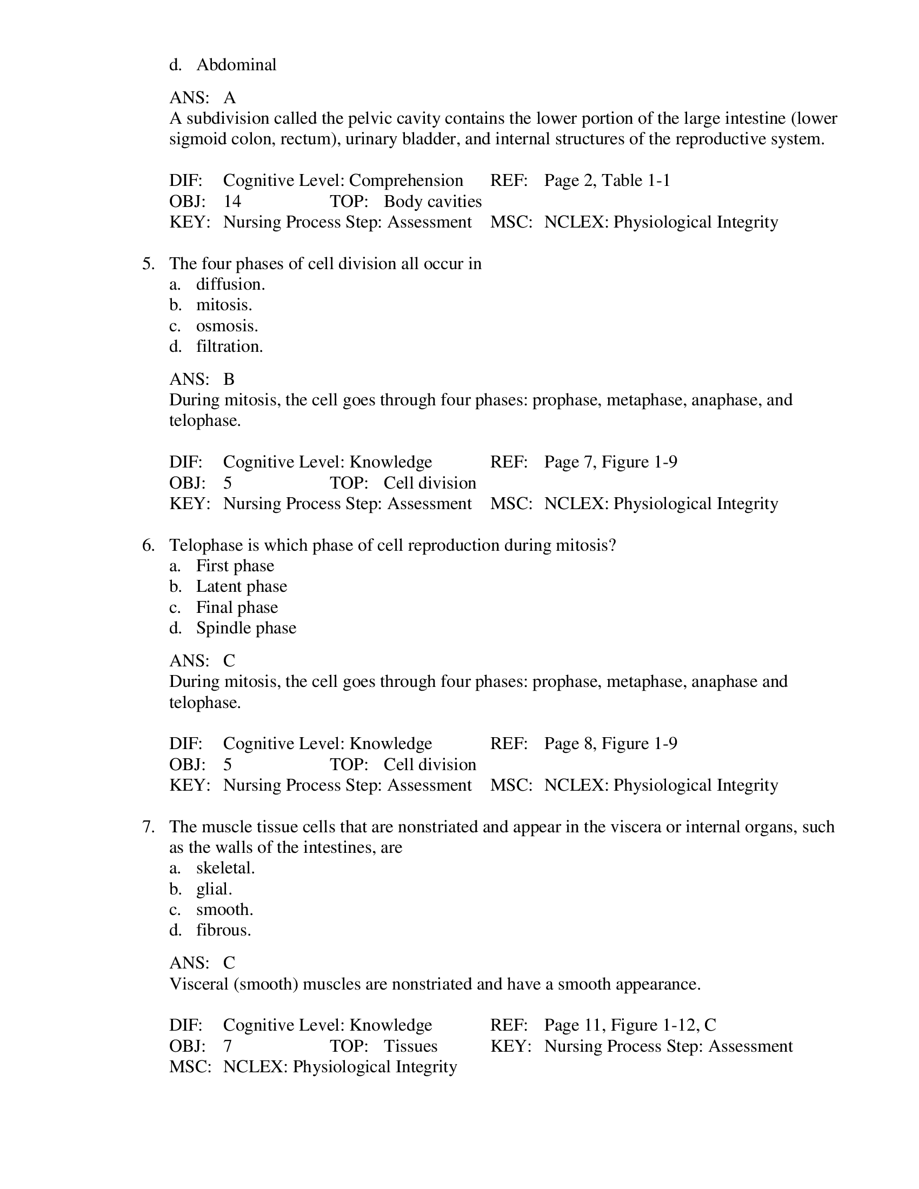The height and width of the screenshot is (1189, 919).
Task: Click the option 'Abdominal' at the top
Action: point(236,65)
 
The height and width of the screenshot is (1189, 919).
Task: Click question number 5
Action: point(148,264)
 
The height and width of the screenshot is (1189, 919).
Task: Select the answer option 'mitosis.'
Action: point(224,305)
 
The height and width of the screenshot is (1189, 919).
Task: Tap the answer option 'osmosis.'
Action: point(227,326)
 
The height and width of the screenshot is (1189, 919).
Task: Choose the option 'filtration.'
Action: point(229,347)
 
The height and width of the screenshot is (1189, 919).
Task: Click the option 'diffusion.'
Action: point(230,284)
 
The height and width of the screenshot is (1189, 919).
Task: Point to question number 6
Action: point(148,545)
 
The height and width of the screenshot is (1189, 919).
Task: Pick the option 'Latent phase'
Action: point(241,586)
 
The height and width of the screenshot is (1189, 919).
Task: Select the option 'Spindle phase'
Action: point(246,628)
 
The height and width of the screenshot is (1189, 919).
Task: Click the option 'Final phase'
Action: point(237,607)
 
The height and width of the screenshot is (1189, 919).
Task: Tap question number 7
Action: point(148,827)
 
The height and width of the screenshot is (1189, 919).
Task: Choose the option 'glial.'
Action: point(214,889)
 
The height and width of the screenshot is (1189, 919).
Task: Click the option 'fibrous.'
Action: point(223,931)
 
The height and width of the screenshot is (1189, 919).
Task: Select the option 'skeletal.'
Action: point(225,868)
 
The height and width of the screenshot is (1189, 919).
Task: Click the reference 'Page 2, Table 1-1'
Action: point(607,181)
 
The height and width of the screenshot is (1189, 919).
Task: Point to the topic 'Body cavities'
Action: point(432,202)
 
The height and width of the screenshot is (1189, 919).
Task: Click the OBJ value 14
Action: point(232,202)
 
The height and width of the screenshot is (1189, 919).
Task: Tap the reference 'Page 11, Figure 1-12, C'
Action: point(630,1025)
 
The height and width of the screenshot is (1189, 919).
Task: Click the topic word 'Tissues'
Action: point(410,1046)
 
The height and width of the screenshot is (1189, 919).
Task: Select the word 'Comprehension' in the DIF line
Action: point(406,181)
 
